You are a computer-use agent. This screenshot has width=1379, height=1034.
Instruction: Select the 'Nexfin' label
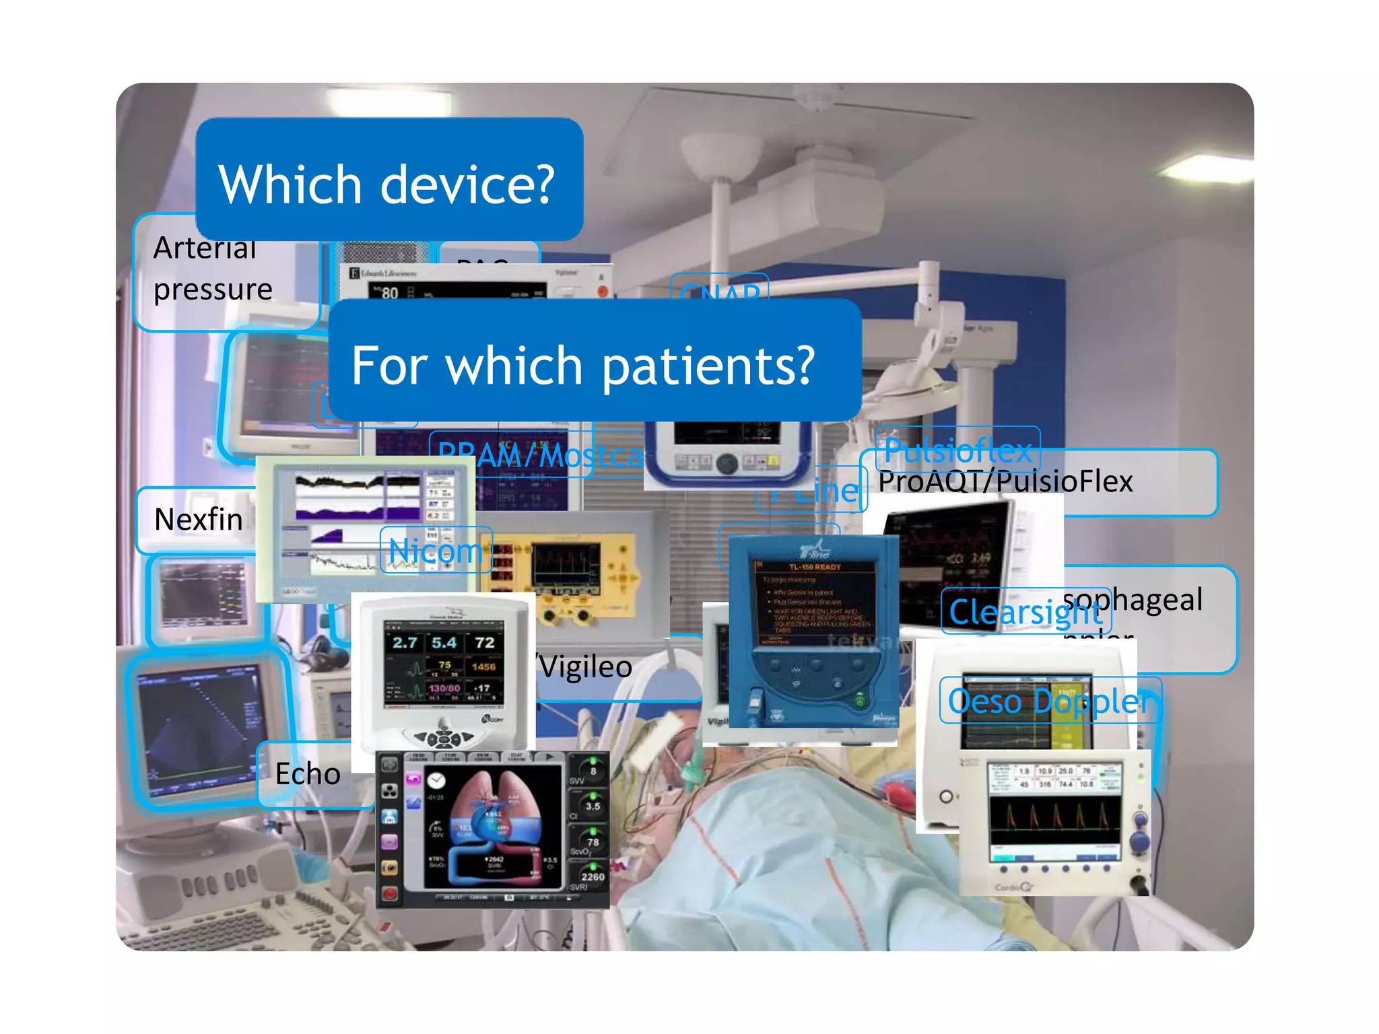[199, 520]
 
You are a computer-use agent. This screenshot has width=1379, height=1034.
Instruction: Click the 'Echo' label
[308, 774]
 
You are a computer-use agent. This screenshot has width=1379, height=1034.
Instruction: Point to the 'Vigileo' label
[586, 667]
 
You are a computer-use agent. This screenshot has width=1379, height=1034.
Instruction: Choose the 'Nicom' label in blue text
[436, 551]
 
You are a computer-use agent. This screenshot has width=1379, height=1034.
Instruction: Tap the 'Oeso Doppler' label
[1049, 701]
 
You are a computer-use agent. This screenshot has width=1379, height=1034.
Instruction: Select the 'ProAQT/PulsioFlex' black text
[1005, 482]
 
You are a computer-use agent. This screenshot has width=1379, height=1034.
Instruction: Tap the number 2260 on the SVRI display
[593, 876]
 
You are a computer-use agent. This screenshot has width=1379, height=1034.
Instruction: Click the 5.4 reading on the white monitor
[444, 643]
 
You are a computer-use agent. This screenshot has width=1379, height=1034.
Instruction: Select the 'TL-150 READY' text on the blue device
[815, 567]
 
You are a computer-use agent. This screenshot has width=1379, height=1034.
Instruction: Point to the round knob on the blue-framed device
[726, 464]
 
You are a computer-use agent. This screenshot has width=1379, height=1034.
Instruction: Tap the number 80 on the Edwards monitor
[390, 294]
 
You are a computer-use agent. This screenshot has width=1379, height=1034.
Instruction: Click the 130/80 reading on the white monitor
[444, 689]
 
